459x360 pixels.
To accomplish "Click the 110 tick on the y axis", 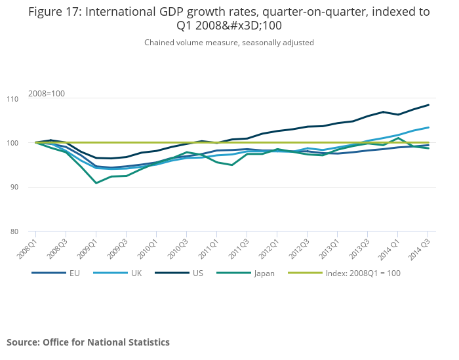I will tap(18, 98).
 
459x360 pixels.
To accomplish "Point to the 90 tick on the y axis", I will tap(18, 187).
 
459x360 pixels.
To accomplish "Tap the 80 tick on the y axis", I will tap(18, 231).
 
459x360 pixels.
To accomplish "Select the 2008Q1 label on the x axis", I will tap(28, 246).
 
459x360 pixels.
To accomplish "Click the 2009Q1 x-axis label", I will tap(88, 246).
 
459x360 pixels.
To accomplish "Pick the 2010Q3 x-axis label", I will tap(178, 246).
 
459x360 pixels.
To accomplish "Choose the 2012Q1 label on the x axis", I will tap(268, 246).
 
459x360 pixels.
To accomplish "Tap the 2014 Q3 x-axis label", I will tap(419, 246).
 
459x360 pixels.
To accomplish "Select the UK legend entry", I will tap(136, 273).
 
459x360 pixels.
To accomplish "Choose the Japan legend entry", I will tap(265, 273).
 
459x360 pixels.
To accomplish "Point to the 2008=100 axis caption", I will tap(47, 94).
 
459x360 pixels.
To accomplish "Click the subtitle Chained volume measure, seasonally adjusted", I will tap(229, 43).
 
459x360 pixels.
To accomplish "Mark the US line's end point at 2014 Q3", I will tap(429, 105).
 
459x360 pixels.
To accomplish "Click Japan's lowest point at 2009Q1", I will tap(96, 183).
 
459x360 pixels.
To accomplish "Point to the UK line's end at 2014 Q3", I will tap(429, 127).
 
